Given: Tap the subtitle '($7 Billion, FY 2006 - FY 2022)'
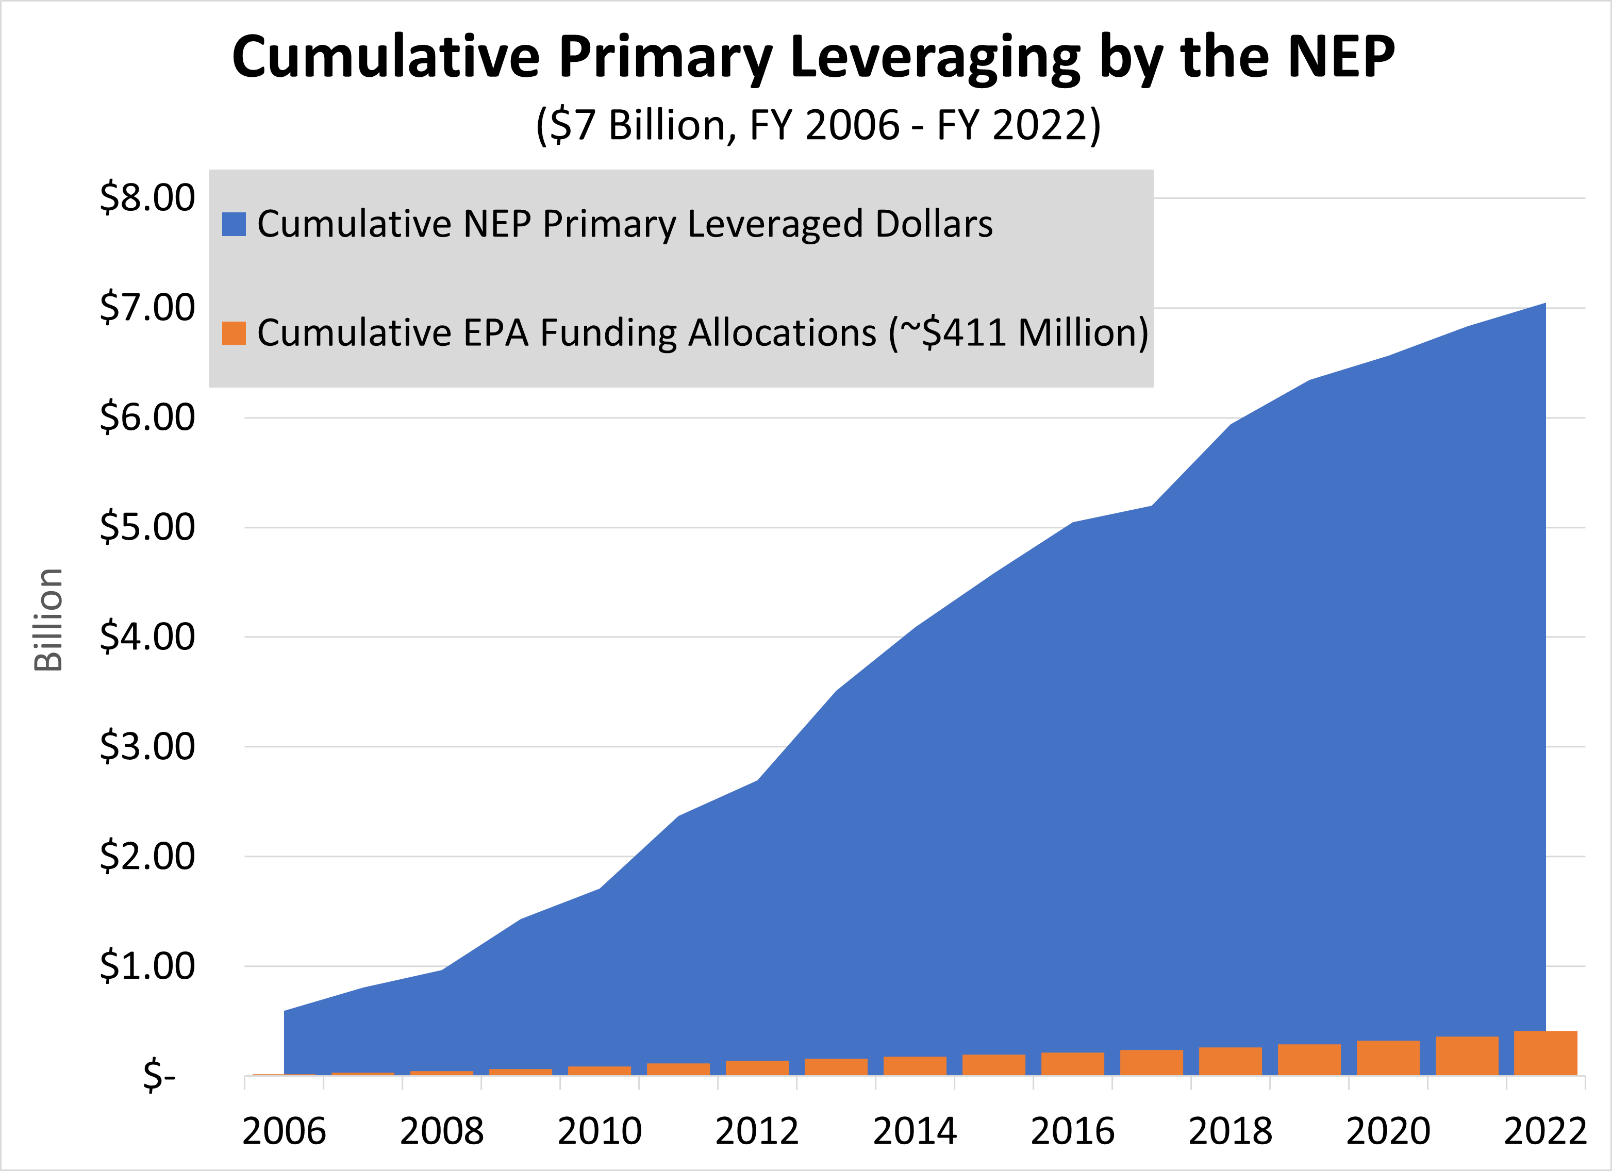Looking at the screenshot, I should [x=818, y=126].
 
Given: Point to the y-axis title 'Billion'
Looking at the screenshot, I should [x=48, y=620].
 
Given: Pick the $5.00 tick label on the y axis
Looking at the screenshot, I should [x=147, y=527].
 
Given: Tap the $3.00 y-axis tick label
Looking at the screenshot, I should [x=147, y=747].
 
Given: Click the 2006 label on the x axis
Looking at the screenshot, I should [x=284, y=1131].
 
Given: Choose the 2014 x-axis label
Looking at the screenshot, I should [x=915, y=1131].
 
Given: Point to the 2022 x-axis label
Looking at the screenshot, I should [x=1545, y=1131].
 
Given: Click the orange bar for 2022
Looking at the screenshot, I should [x=1545, y=1053].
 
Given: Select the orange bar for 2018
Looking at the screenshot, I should [x=1231, y=1062].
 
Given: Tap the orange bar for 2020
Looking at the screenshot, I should [x=1388, y=1058].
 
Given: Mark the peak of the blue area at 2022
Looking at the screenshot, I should [x=1544, y=305].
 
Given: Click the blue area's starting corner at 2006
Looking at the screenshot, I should [x=285, y=1012].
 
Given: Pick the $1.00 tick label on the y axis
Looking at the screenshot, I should [x=147, y=966].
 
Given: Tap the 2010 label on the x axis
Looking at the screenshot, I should [x=599, y=1131].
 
